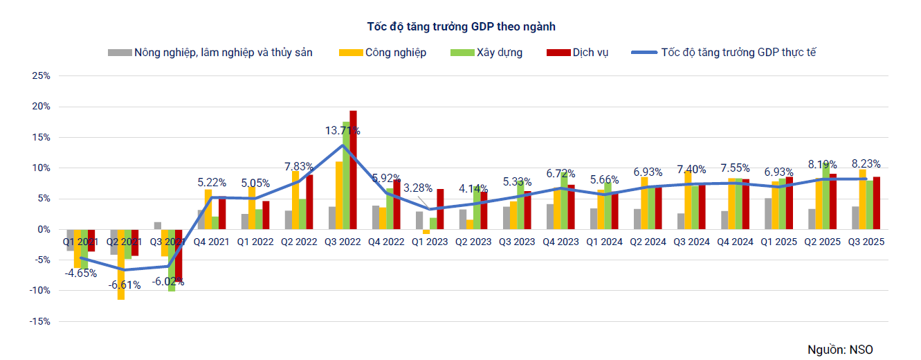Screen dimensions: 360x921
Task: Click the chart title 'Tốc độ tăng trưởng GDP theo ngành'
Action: (461, 26)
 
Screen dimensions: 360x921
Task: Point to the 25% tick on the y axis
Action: (42, 76)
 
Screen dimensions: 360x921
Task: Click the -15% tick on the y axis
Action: (40, 321)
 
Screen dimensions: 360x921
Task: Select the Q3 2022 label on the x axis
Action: (343, 242)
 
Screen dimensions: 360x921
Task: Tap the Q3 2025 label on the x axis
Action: (866, 242)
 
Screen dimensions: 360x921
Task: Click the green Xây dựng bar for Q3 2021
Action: (172, 260)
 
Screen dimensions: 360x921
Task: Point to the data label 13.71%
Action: (343, 130)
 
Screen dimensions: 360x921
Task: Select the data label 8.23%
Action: (866, 164)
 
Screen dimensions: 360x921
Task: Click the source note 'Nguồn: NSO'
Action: (845, 349)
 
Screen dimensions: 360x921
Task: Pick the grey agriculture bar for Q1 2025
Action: (768, 214)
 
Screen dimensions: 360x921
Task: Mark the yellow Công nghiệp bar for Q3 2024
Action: (688, 201)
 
